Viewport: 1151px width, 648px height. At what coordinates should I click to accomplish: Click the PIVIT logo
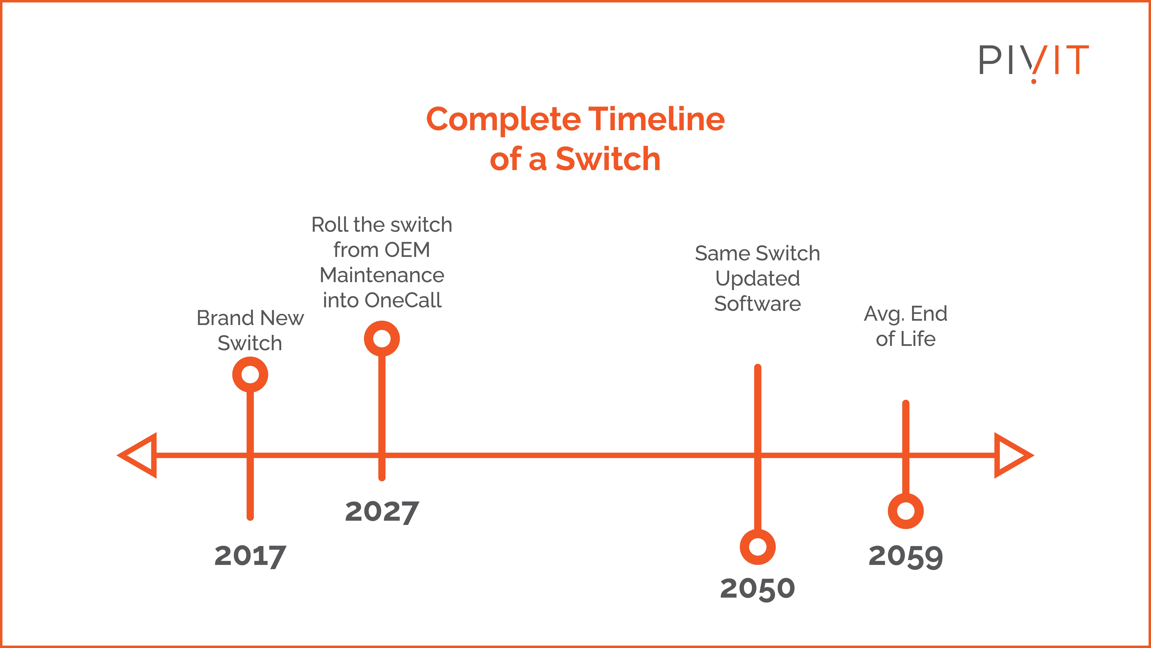pyautogui.click(x=1033, y=63)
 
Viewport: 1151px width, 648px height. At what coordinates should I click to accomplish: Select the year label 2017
pyautogui.click(x=250, y=556)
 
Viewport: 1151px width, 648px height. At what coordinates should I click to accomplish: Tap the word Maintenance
pyautogui.click(x=382, y=275)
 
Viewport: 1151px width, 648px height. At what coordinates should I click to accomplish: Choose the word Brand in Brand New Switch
pyautogui.click(x=226, y=318)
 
